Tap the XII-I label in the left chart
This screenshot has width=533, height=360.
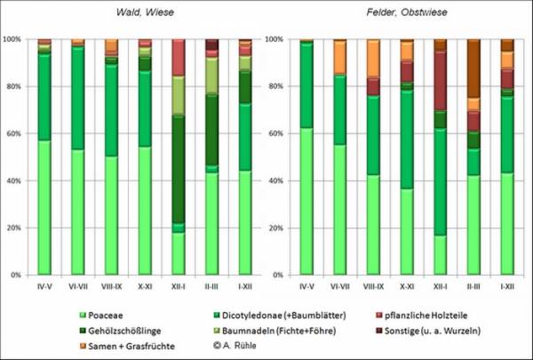179,286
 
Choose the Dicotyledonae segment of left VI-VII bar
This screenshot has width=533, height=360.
77,98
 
